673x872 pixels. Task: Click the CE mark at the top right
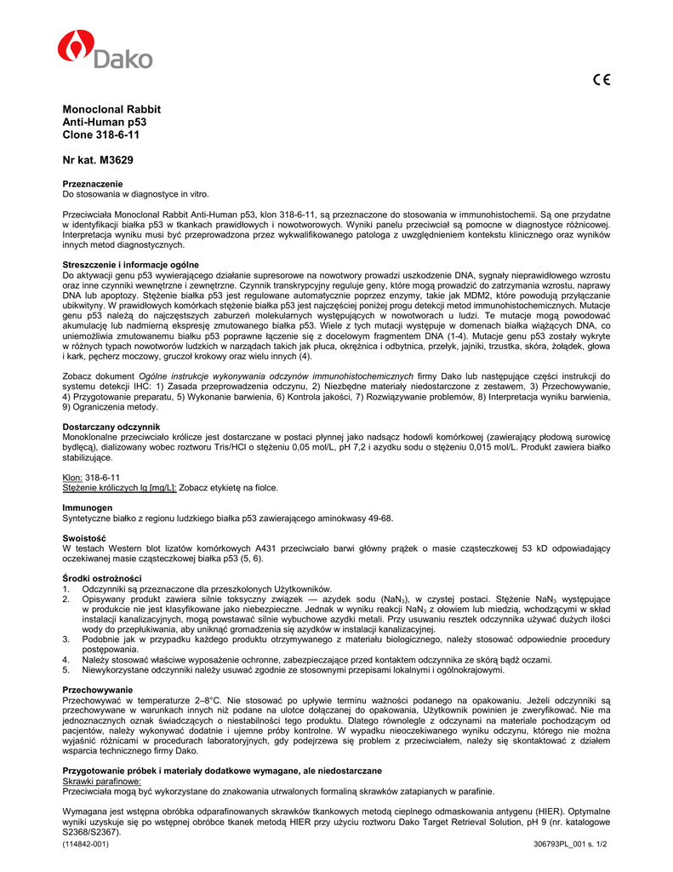point(602,81)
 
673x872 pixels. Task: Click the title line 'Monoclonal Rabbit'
point(111,110)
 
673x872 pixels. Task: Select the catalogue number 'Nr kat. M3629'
point(98,160)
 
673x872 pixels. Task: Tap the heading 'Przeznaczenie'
point(93,184)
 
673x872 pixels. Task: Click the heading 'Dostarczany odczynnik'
point(111,426)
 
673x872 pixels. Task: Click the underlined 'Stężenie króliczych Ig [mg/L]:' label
point(120,488)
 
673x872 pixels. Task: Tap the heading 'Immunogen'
point(88,508)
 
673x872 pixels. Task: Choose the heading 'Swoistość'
point(84,538)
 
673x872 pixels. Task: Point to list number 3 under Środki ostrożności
point(66,639)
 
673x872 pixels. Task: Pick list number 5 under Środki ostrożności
point(66,669)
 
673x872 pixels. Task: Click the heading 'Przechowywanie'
point(98,689)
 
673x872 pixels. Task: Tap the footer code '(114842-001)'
point(86,844)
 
